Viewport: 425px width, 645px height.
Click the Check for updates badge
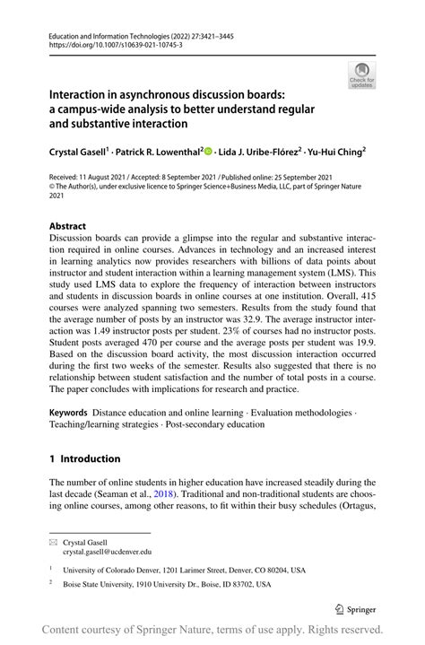click(361, 75)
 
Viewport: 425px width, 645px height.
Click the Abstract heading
click(68, 226)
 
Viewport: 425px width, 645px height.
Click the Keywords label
click(69, 411)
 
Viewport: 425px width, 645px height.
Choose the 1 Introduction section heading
click(85, 458)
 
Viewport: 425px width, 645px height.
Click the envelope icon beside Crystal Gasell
click(55, 542)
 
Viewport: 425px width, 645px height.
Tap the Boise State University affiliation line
click(172, 585)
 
